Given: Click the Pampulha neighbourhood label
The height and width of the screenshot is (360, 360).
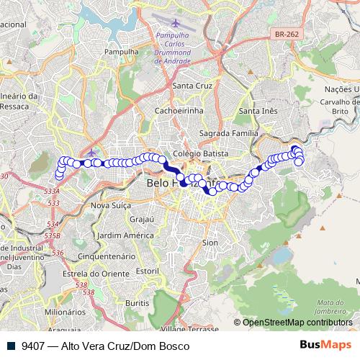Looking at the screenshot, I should pyautogui.click(x=121, y=53).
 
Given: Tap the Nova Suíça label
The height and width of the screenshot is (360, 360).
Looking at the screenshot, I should pyautogui.click(x=109, y=205).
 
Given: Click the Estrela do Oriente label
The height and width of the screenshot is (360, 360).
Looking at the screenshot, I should pyautogui.click(x=90, y=273).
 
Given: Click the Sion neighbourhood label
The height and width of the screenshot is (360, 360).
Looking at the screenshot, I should pyautogui.click(x=210, y=243).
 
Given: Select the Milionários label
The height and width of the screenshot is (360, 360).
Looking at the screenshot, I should pyautogui.click(x=64, y=312).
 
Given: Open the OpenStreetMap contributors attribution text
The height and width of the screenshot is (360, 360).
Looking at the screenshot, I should pyautogui.click(x=297, y=323).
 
